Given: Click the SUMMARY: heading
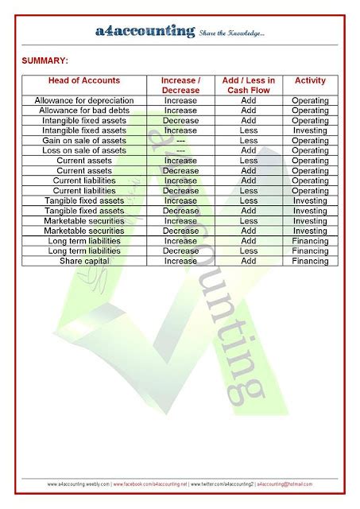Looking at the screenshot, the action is [45, 60].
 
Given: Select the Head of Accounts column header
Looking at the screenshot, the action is [84, 80].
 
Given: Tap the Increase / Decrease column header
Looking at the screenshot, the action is [180, 85].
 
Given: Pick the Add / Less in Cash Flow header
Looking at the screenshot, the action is [248, 85].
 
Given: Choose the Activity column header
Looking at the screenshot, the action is [309, 80].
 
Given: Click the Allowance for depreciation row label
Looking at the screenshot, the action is [84, 101].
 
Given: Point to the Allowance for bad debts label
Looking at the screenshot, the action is [84, 111].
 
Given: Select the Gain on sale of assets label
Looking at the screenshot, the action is [84, 141].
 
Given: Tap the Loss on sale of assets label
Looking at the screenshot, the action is [84, 150].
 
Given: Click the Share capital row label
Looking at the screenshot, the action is [84, 261].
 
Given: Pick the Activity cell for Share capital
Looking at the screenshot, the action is [309, 261].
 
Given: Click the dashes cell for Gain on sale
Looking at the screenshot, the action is [180, 141].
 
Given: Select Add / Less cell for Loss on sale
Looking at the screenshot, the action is [248, 150].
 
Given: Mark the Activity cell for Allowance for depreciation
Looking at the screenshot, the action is [309, 101].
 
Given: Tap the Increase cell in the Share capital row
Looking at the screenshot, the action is [180, 261].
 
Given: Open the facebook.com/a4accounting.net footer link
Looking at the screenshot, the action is [150, 484].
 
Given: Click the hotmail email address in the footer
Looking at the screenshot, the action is [285, 484].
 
